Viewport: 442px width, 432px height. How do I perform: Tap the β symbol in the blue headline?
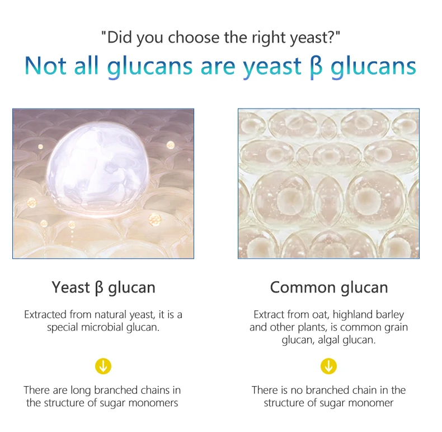[x=316, y=67]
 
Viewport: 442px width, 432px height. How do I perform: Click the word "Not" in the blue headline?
[x=45, y=66]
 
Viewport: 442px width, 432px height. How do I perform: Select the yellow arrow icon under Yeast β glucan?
[x=103, y=366]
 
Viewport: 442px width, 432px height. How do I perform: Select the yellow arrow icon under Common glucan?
[x=328, y=366]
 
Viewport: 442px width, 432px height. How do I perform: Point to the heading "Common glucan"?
[x=329, y=287]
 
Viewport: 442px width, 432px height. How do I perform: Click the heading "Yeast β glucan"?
[x=104, y=287]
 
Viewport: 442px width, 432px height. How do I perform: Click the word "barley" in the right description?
[x=389, y=315]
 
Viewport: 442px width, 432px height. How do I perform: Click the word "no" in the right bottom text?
[x=297, y=391]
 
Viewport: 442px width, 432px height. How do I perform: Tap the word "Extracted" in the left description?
[x=45, y=315]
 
